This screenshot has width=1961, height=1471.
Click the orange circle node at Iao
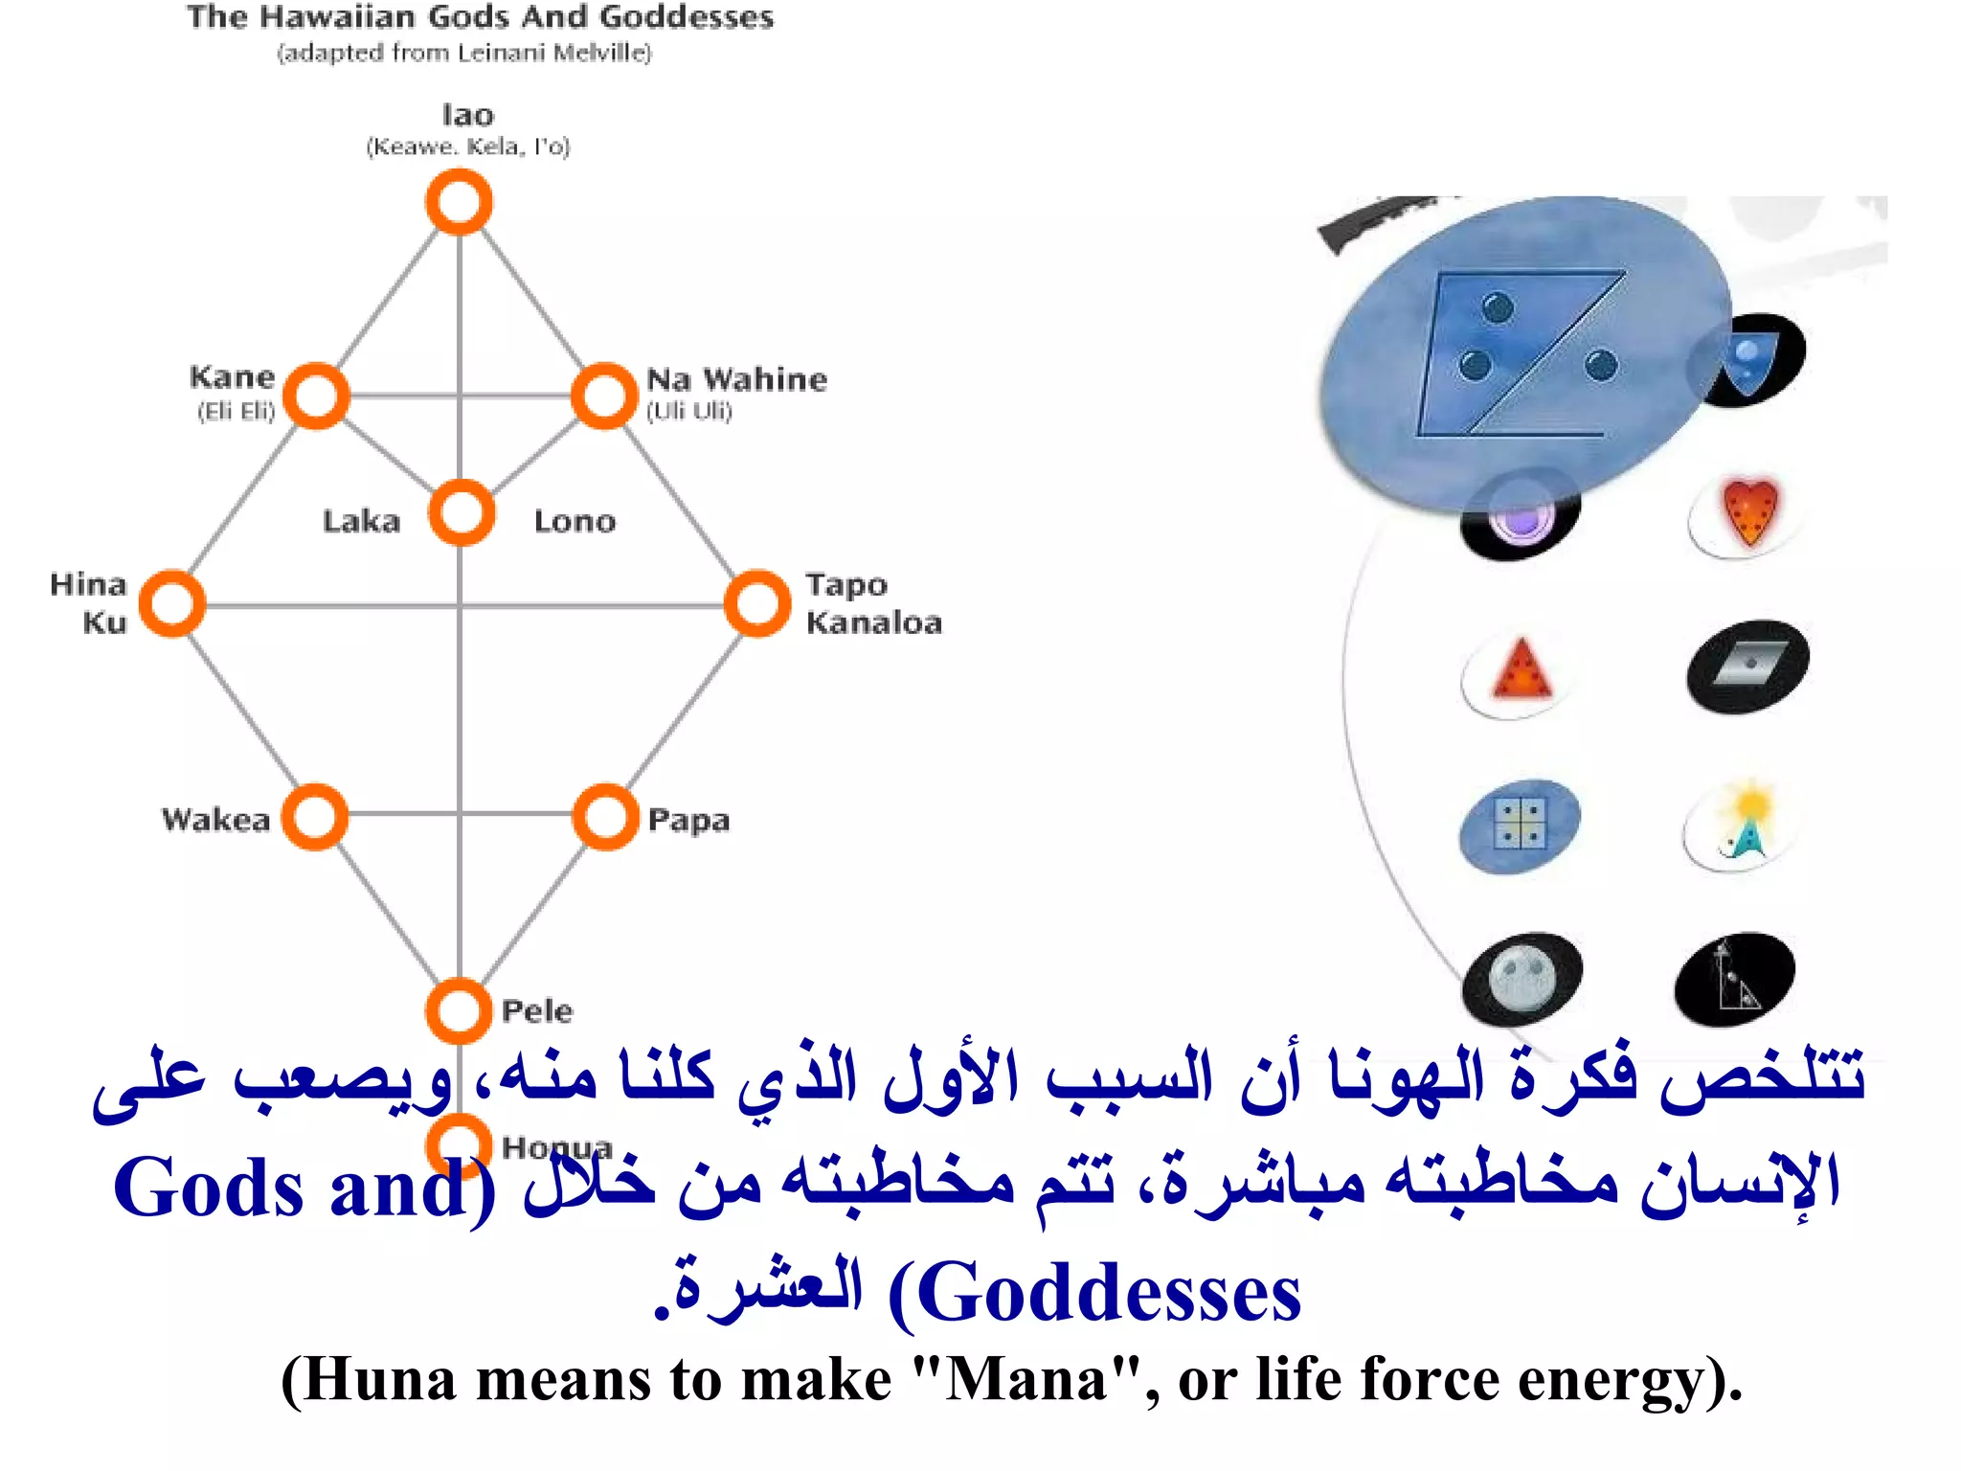pos(459,202)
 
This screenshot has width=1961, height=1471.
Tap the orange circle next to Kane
pos(316,396)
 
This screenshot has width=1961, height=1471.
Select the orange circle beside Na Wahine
pos(603,396)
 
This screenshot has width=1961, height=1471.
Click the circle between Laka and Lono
pos(462,512)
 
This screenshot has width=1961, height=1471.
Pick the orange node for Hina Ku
pos(172,603)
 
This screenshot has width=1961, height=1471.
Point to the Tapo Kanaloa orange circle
pos(757,603)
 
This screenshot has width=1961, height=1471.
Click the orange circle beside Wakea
pos(315,817)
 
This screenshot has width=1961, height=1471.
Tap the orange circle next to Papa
pos(605,817)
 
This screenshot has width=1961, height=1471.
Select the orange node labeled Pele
pos(459,1010)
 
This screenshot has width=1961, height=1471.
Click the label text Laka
pos(361,521)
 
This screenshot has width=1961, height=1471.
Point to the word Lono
pos(575,521)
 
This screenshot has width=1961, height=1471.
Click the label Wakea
pos(215,820)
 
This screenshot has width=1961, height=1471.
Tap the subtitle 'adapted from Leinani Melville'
pos(464,53)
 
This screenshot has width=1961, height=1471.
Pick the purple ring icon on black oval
pos(1521,518)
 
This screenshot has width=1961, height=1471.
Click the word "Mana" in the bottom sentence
pos(1025,1381)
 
